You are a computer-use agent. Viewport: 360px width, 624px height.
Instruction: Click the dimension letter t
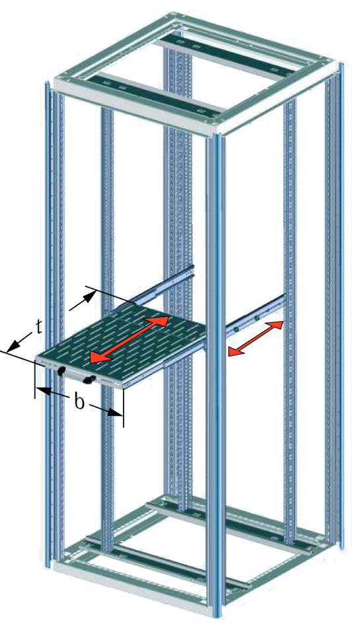38,327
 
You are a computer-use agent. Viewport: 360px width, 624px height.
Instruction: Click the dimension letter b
80,402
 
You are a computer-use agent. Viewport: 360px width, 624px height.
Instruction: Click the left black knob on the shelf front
61,371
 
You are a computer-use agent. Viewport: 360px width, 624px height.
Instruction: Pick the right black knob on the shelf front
89,379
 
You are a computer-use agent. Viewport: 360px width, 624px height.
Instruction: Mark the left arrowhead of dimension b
43,391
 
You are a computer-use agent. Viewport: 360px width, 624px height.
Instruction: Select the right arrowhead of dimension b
116,413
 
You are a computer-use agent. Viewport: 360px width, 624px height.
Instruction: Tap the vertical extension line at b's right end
124,408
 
